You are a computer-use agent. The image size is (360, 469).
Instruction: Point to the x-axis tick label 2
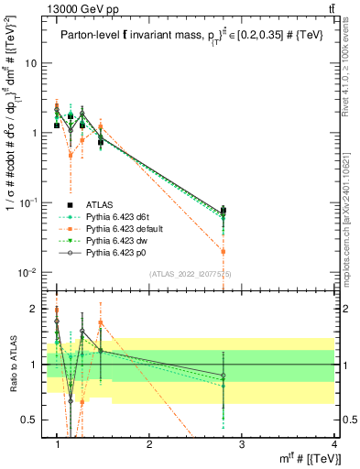(149, 443)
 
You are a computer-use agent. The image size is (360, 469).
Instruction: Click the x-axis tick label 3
(241, 443)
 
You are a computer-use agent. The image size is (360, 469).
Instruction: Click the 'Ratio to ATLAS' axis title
(12, 365)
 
